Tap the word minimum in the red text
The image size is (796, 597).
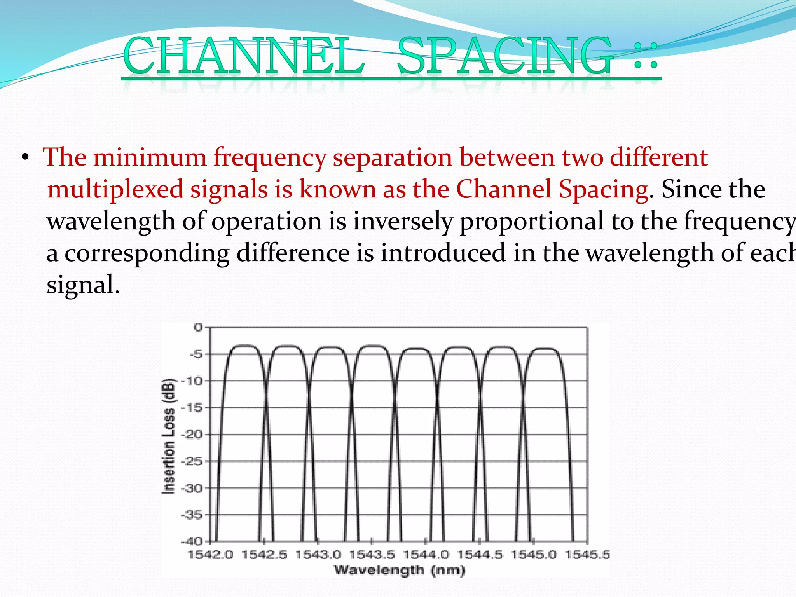click(x=150, y=157)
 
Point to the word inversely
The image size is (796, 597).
click(x=403, y=221)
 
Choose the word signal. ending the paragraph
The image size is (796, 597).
click(x=83, y=285)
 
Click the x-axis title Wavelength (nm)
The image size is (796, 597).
click(x=399, y=571)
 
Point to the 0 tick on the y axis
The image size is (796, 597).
click(x=198, y=327)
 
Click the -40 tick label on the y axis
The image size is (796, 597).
click(x=192, y=541)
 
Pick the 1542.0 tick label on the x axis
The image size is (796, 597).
click(x=210, y=555)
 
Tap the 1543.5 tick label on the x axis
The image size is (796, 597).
click(x=372, y=555)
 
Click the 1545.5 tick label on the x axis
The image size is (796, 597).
click(x=587, y=555)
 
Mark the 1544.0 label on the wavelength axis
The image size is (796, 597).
click(x=426, y=555)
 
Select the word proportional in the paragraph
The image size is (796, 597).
click(x=532, y=221)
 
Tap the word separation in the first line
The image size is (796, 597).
click(x=392, y=157)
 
